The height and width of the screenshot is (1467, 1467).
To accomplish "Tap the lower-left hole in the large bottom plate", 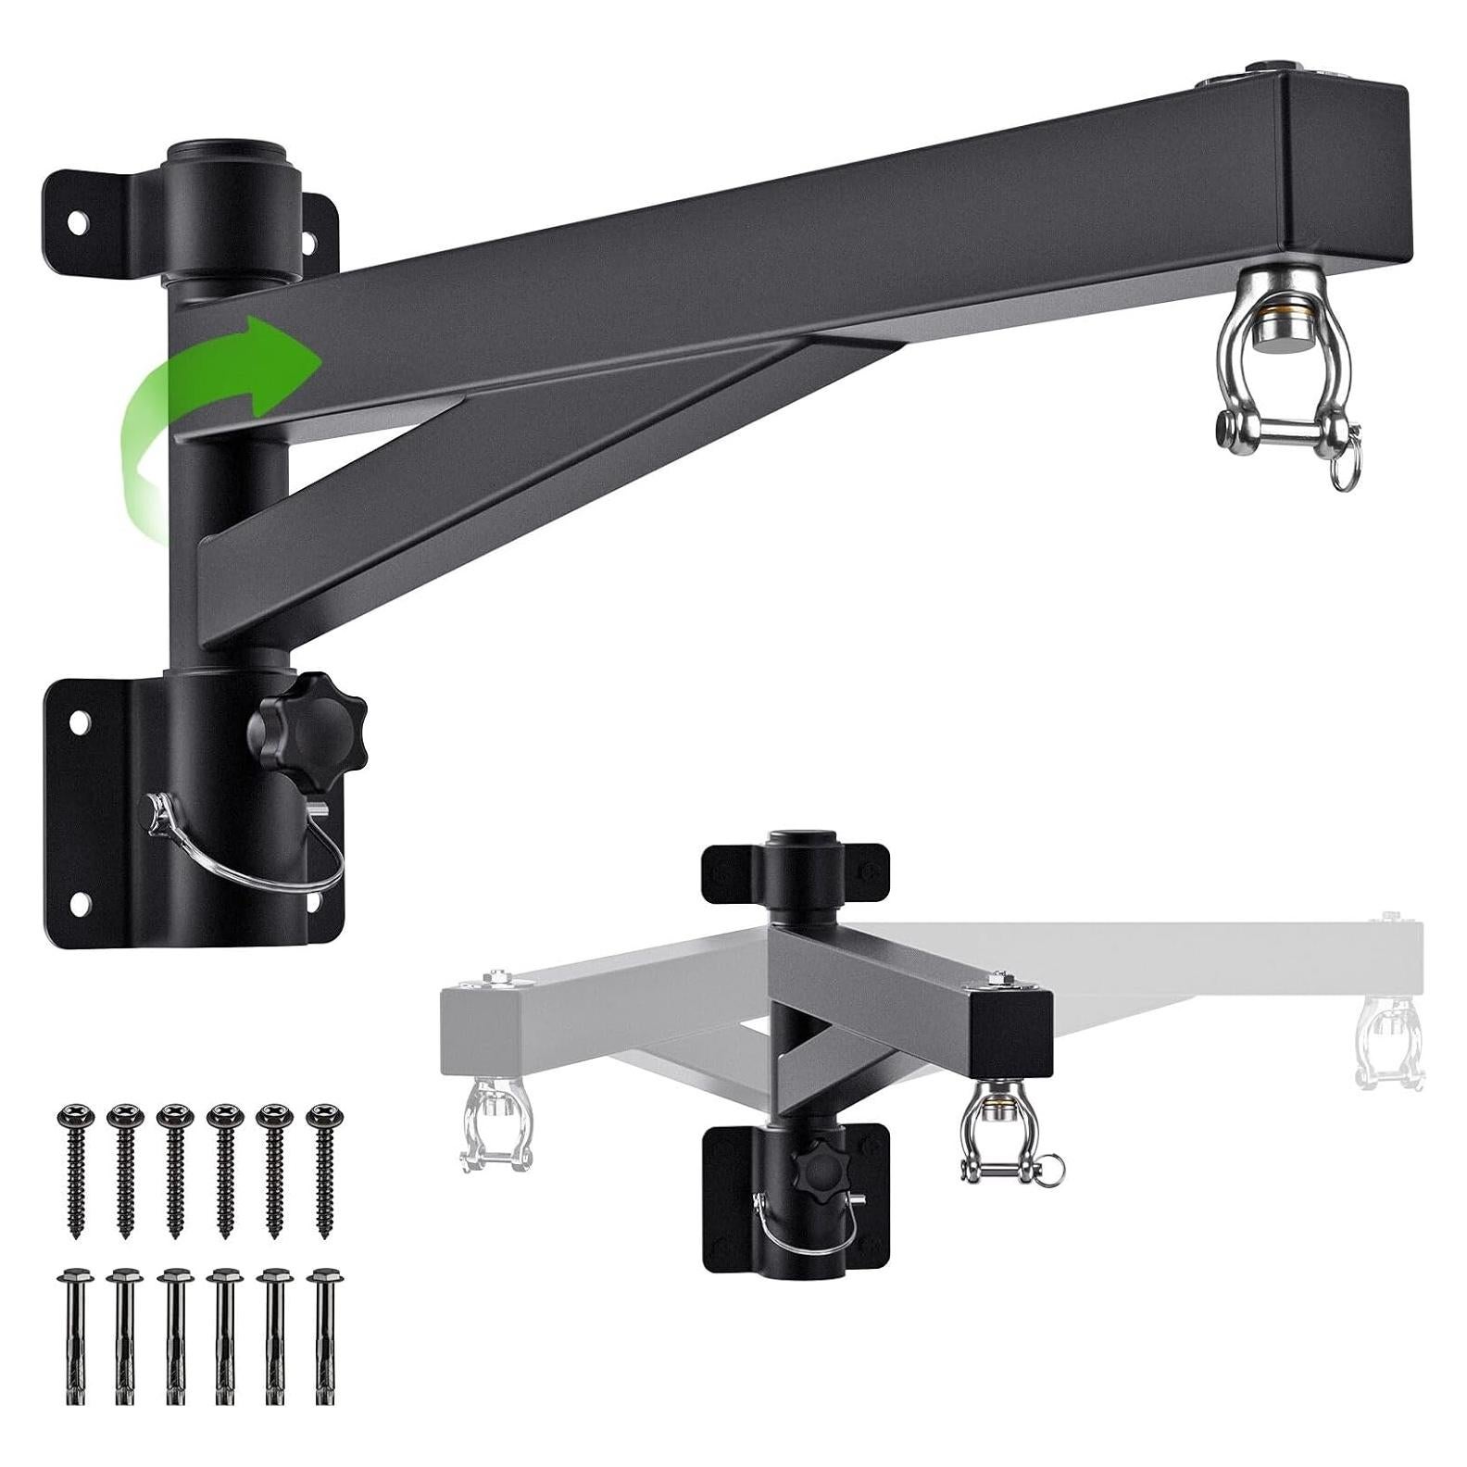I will click(81, 900).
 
